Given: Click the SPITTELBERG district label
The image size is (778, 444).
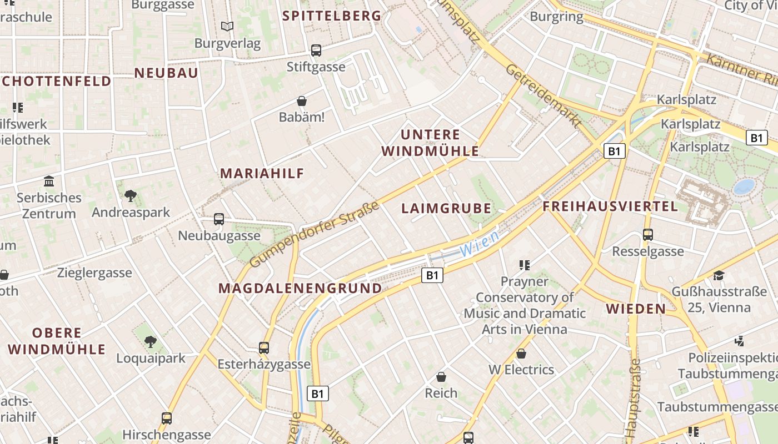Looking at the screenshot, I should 332,16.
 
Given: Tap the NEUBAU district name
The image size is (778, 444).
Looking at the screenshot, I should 166,73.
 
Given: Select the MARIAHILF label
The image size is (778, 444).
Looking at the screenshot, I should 262,173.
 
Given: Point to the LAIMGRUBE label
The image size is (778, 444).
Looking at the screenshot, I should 446,209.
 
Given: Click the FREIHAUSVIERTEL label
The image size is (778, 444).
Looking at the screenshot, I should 610,206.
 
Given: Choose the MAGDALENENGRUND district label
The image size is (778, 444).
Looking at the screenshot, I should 300,288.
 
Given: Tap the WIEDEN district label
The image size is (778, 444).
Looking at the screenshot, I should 636,309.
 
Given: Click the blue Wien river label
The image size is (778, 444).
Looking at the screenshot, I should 480,244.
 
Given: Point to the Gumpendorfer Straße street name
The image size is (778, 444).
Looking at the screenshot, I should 314,234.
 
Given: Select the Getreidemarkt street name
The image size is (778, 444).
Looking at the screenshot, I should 543,95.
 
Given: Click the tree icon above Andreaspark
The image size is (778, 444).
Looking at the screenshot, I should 131,195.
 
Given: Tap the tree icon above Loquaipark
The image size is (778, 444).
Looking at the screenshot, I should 150,341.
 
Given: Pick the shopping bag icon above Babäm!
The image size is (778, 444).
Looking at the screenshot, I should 302,101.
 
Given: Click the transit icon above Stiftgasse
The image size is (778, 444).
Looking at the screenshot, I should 316,51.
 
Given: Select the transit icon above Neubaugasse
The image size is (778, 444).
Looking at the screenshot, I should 219,219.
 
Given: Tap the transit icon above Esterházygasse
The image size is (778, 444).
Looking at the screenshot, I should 264,348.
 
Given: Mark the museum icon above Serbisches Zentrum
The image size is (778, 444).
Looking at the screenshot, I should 49,181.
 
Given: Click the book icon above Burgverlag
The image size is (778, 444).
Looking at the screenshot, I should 227,26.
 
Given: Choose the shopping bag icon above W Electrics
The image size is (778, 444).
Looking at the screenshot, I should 521,353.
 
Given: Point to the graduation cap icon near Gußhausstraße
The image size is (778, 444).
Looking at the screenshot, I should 719,275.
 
